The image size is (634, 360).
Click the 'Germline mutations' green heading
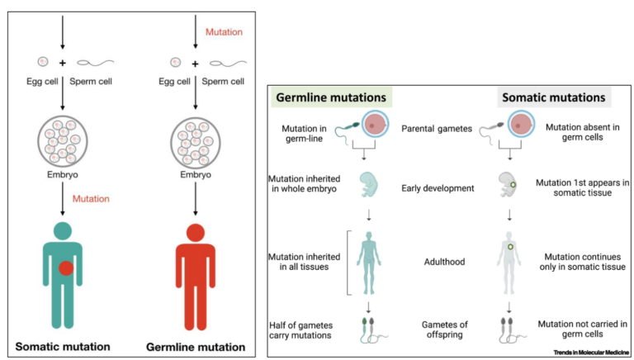pos(331,97)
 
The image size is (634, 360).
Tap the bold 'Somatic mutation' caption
pos(62,346)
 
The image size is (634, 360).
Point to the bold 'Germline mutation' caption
pos(196,346)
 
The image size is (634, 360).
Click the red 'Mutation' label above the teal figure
pos(91,199)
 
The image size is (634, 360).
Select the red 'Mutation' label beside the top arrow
pos(225,32)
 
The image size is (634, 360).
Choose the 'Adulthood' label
pos(442,262)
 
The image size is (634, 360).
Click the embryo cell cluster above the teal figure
pos(62,141)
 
